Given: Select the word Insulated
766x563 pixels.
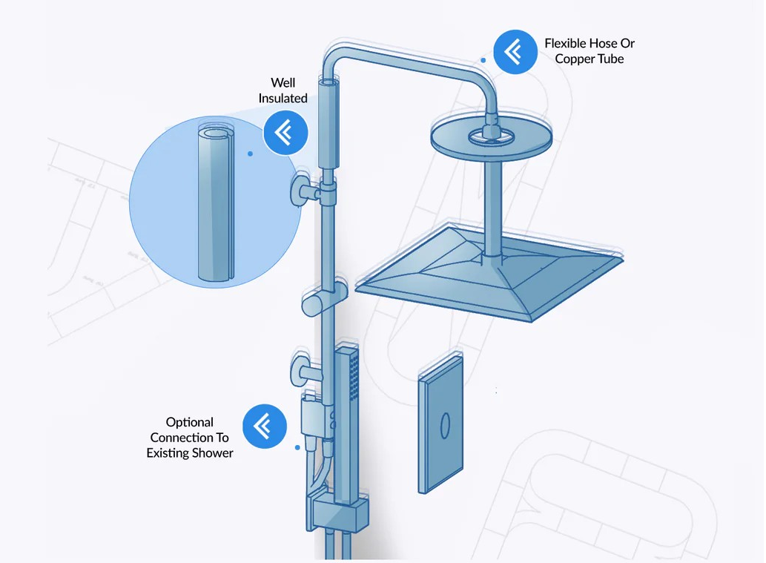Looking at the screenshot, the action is pyautogui.click(x=283, y=98).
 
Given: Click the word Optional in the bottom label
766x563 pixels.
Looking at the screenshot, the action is pyautogui.click(x=190, y=422).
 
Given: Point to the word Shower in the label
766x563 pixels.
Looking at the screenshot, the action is pyautogui.click(x=213, y=453).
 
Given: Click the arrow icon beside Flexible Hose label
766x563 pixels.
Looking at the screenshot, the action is pyautogui.click(x=515, y=52).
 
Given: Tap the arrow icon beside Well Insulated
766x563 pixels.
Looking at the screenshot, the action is pyautogui.click(x=285, y=133).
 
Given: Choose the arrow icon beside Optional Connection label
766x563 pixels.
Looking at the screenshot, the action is pyautogui.click(x=265, y=427).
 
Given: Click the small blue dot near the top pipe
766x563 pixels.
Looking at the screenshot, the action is pyautogui.click(x=483, y=60).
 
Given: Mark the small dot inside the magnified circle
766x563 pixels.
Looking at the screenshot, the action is pyautogui.click(x=250, y=154).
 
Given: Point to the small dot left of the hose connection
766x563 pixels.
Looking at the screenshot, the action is pyautogui.click(x=297, y=448).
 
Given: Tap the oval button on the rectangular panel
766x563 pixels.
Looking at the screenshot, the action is pyautogui.click(x=445, y=426).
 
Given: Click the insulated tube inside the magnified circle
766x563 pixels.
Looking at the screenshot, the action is pyautogui.click(x=216, y=203).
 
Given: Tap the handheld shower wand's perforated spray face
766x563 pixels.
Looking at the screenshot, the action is pyautogui.click(x=354, y=375).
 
